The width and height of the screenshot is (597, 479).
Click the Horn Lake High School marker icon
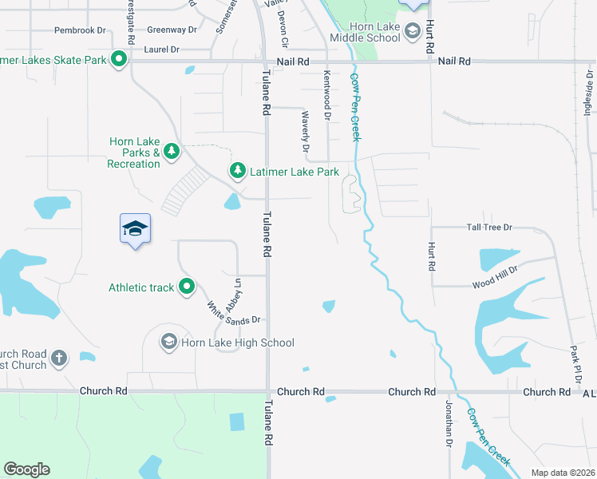click(168, 342)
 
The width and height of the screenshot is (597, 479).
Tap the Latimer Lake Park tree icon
click(237, 171)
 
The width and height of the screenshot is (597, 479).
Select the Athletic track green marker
click(187, 287)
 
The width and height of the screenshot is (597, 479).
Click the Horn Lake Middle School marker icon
click(412, 32)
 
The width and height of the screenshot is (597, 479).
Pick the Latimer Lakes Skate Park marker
click(119, 59)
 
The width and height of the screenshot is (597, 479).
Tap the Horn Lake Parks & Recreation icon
click(171, 151)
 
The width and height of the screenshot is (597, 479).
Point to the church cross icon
click(58, 358)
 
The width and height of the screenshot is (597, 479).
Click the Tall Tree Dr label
click(488, 228)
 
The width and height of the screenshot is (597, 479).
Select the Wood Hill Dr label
click(494, 276)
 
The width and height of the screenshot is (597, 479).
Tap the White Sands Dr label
click(233, 312)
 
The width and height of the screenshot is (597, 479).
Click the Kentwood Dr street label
click(327, 95)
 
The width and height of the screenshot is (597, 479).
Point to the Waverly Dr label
click(305, 131)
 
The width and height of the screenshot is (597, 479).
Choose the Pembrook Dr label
click(80, 30)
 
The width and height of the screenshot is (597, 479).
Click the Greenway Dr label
click(172, 30)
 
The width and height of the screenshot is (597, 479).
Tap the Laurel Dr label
click(162, 49)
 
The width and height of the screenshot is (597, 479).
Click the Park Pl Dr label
click(574, 362)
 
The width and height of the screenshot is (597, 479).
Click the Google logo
click(26, 469)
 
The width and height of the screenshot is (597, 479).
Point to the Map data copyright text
click(563, 473)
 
